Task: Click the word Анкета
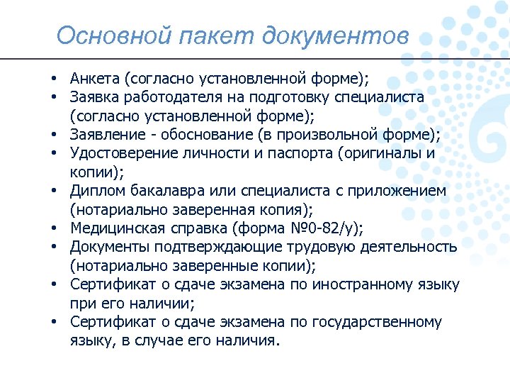[x=96, y=77]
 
